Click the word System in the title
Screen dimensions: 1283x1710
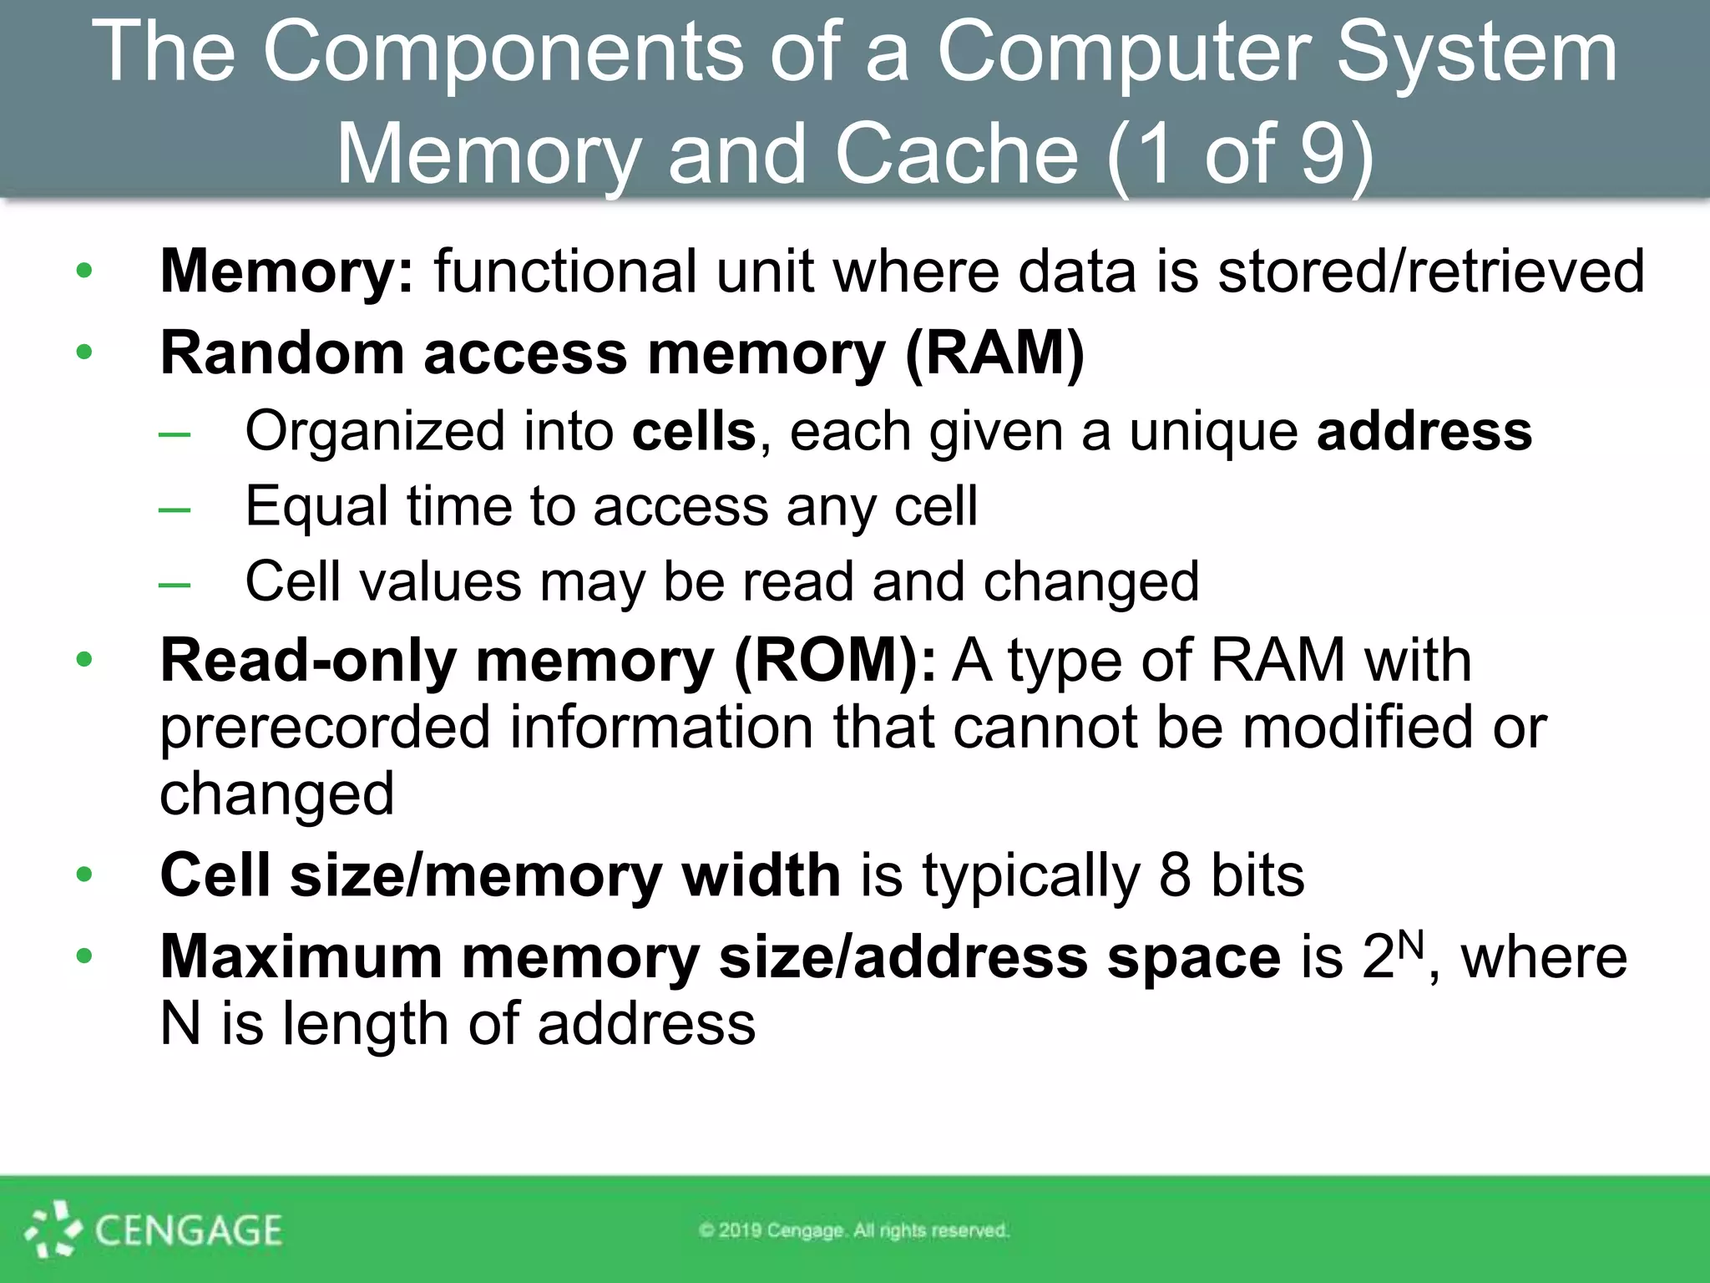[1476, 55]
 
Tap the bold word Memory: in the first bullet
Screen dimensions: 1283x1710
[286, 271]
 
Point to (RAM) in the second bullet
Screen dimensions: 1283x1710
[994, 353]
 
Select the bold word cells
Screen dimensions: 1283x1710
[694, 432]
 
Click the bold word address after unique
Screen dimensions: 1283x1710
[1424, 432]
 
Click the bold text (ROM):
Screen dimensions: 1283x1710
[834, 661]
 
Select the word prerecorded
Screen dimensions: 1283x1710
[325, 728]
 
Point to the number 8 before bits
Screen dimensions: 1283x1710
[1175, 876]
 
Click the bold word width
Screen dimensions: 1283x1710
[761, 876]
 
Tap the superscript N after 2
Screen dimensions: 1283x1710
[1410, 944]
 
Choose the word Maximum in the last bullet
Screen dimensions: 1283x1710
[301, 957]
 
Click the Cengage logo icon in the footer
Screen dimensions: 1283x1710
[53, 1230]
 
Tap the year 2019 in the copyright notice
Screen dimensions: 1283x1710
[740, 1230]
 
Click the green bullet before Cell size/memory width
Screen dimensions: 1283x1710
[84, 875]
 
